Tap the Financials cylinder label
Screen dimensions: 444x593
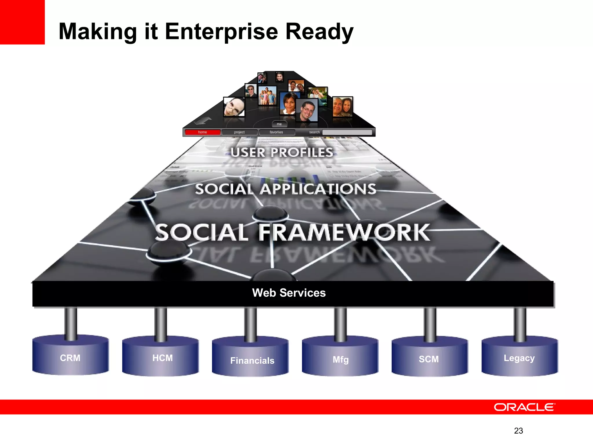(x=252, y=360)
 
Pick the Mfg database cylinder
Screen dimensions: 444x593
(x=340, y=358)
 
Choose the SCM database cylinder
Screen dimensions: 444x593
(x=429, y=358)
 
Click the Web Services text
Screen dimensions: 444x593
(x=289, y=293)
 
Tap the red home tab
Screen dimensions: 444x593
(x=203, y=132)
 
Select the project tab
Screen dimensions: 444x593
(x=239, y=132)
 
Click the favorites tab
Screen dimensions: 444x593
(x=277, y=132)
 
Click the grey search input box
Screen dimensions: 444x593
(x=347, y=132)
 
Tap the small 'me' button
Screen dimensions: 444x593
(x=279, y=124)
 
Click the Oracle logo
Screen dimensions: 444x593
(x=524, y=407)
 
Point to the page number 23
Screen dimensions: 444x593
(x=518, y=431)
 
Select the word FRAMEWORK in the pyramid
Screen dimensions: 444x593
(x=344, y=232)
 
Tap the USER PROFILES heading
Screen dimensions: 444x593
(x=282, y=152)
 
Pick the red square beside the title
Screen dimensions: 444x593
(x=22, y=22)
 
